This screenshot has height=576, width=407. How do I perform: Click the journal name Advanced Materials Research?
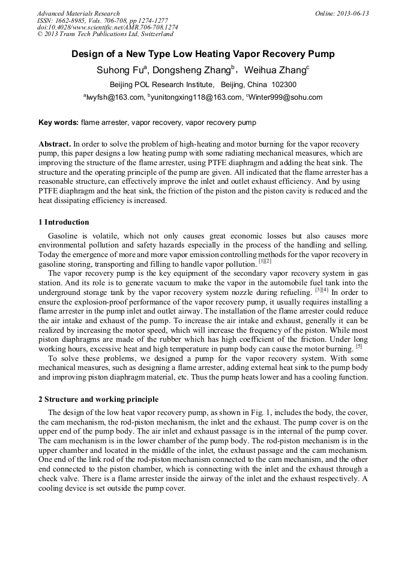78,13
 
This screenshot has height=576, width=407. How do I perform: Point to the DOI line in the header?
107,27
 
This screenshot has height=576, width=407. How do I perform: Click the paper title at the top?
203,54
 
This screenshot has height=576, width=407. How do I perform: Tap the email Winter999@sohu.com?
285,97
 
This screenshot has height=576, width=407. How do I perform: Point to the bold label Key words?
58,123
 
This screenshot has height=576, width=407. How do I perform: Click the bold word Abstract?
55,144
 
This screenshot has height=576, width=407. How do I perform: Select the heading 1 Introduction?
64,222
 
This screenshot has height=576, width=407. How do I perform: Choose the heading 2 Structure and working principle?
98,399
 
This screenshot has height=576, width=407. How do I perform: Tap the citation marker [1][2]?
265,261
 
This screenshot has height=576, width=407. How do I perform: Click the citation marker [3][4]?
322,290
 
